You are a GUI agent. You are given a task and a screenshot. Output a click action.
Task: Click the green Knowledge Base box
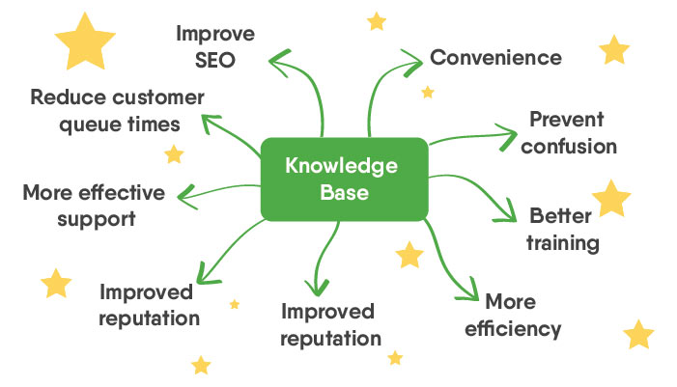(x=343, y=179)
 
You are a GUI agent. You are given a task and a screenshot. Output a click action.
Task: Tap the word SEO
(x=214, y=61)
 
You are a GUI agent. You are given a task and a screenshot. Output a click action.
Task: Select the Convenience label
(x=495, y=57)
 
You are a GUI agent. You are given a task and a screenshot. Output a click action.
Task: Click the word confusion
(x=573, y=147)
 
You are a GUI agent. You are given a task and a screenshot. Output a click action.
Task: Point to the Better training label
(x=563, y=229)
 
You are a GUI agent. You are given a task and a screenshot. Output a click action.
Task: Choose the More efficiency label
(x=512, y=315)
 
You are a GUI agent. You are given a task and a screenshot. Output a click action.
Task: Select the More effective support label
(x=93, y=205)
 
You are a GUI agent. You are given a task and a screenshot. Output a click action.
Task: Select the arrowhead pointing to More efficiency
(x=470, y=293)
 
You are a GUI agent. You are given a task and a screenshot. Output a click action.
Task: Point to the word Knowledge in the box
(x=342, y=165)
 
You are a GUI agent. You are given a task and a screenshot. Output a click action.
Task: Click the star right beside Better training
(x=610, y=198)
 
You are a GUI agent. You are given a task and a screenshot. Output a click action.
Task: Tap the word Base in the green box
(x=343, y=192)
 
